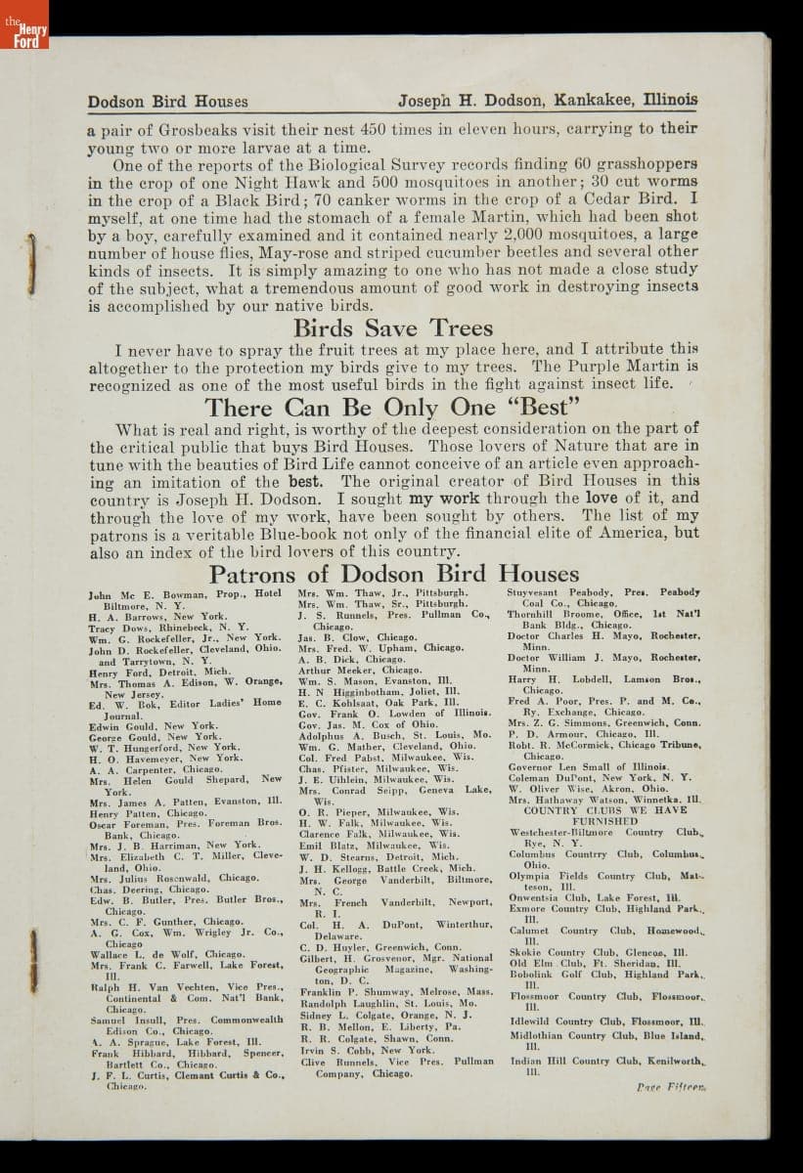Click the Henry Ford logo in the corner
point(23,24)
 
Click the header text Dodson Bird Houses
point(167,101)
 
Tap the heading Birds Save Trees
point(393,328)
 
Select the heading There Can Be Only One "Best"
point(392,407)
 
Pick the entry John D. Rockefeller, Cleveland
point(184,648)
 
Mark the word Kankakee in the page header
point(592,100)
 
